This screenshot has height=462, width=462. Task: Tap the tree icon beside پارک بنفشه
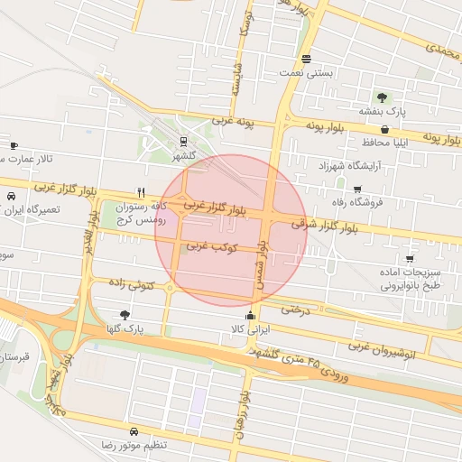(x=383, y=97)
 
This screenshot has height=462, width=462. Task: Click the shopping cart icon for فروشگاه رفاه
(x=358, y=189)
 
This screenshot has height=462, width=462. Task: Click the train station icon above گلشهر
(x=184, y=141)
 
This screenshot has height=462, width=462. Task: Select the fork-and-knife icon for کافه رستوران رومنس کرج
(x=140, y=192)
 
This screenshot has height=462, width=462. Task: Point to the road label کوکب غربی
(x=211, y=245)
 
